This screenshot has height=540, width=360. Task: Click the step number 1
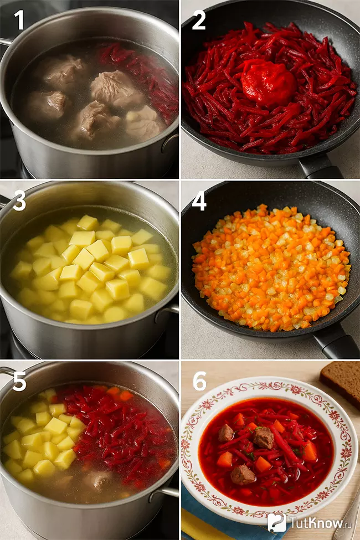coord(19,20)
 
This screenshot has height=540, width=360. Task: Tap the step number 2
coord(199,20)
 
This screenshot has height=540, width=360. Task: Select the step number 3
coord(19,201)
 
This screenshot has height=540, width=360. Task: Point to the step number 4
coord(199,201)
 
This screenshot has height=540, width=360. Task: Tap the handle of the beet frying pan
coord(320,167)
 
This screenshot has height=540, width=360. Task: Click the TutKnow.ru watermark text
coord(316,522)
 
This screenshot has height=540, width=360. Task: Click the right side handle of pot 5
coord(164,493)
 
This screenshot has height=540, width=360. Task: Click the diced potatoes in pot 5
coord(42,438)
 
